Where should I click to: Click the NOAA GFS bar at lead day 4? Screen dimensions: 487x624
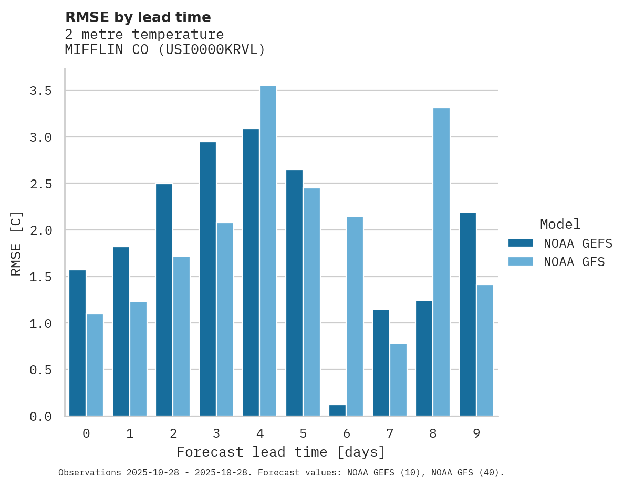point(268,250)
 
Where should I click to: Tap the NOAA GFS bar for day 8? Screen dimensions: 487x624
point(441,262)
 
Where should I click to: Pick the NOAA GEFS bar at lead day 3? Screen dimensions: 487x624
point(207,279)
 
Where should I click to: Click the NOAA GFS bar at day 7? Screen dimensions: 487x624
point(398,379)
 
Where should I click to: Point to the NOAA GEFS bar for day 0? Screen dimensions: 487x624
point(77,343)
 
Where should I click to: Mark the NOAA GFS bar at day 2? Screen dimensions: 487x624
point(181,336)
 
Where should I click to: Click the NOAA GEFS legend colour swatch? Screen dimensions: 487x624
point(521,243)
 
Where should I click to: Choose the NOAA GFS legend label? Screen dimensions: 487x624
point(574,262)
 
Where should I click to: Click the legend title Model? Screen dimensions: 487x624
point(560,224)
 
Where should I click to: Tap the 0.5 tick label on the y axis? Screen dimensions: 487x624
point(40,370)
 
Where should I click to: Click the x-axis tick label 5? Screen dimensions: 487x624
point(303,433)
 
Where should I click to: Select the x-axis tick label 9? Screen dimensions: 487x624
point(476,433)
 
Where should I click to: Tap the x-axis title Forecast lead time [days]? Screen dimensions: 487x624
point(281,452)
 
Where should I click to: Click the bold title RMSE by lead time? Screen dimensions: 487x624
point(138,17)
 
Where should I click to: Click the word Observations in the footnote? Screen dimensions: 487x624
point(90,472)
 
